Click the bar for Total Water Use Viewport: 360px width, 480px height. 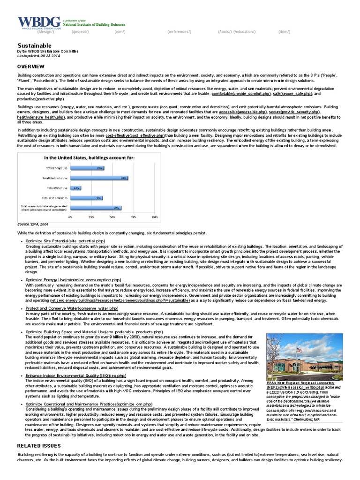(75, 188)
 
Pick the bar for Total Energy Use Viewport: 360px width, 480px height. (87, 168)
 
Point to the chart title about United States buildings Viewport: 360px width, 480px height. (89, 157)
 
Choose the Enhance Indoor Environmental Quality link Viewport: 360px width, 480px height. (75, 375)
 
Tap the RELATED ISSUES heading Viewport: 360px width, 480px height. (39, 445)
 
